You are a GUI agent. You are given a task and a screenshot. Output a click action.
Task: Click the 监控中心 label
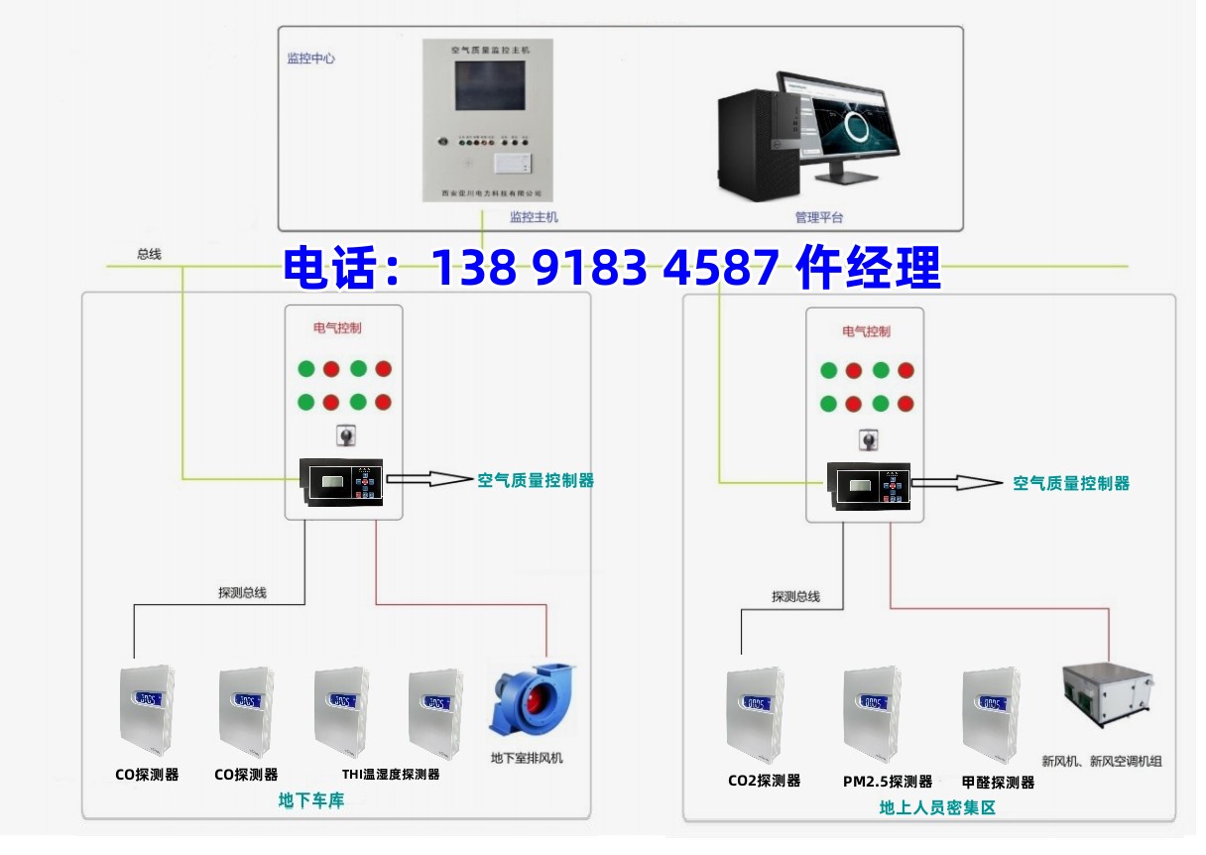[310, 59]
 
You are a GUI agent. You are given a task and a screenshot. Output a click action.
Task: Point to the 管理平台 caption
[818, 217]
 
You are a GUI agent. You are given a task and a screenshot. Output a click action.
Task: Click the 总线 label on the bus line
[149, 255]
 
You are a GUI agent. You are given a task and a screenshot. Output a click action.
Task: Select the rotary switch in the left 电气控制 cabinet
[345, 435]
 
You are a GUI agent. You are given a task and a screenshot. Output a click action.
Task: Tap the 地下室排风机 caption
[527, 759]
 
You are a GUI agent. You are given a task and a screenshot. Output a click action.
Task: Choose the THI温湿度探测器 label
[390, 775]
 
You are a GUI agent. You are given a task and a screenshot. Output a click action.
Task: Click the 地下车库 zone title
[311, 800]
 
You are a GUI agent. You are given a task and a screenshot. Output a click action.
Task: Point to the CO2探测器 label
[764, 781]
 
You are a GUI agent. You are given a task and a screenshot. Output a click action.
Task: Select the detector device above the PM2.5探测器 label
[872, 710]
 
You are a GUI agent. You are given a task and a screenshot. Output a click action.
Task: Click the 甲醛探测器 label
[998, 783]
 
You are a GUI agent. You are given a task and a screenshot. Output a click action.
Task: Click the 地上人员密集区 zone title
[936, 808]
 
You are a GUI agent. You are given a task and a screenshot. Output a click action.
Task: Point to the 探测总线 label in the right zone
[795, 597]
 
